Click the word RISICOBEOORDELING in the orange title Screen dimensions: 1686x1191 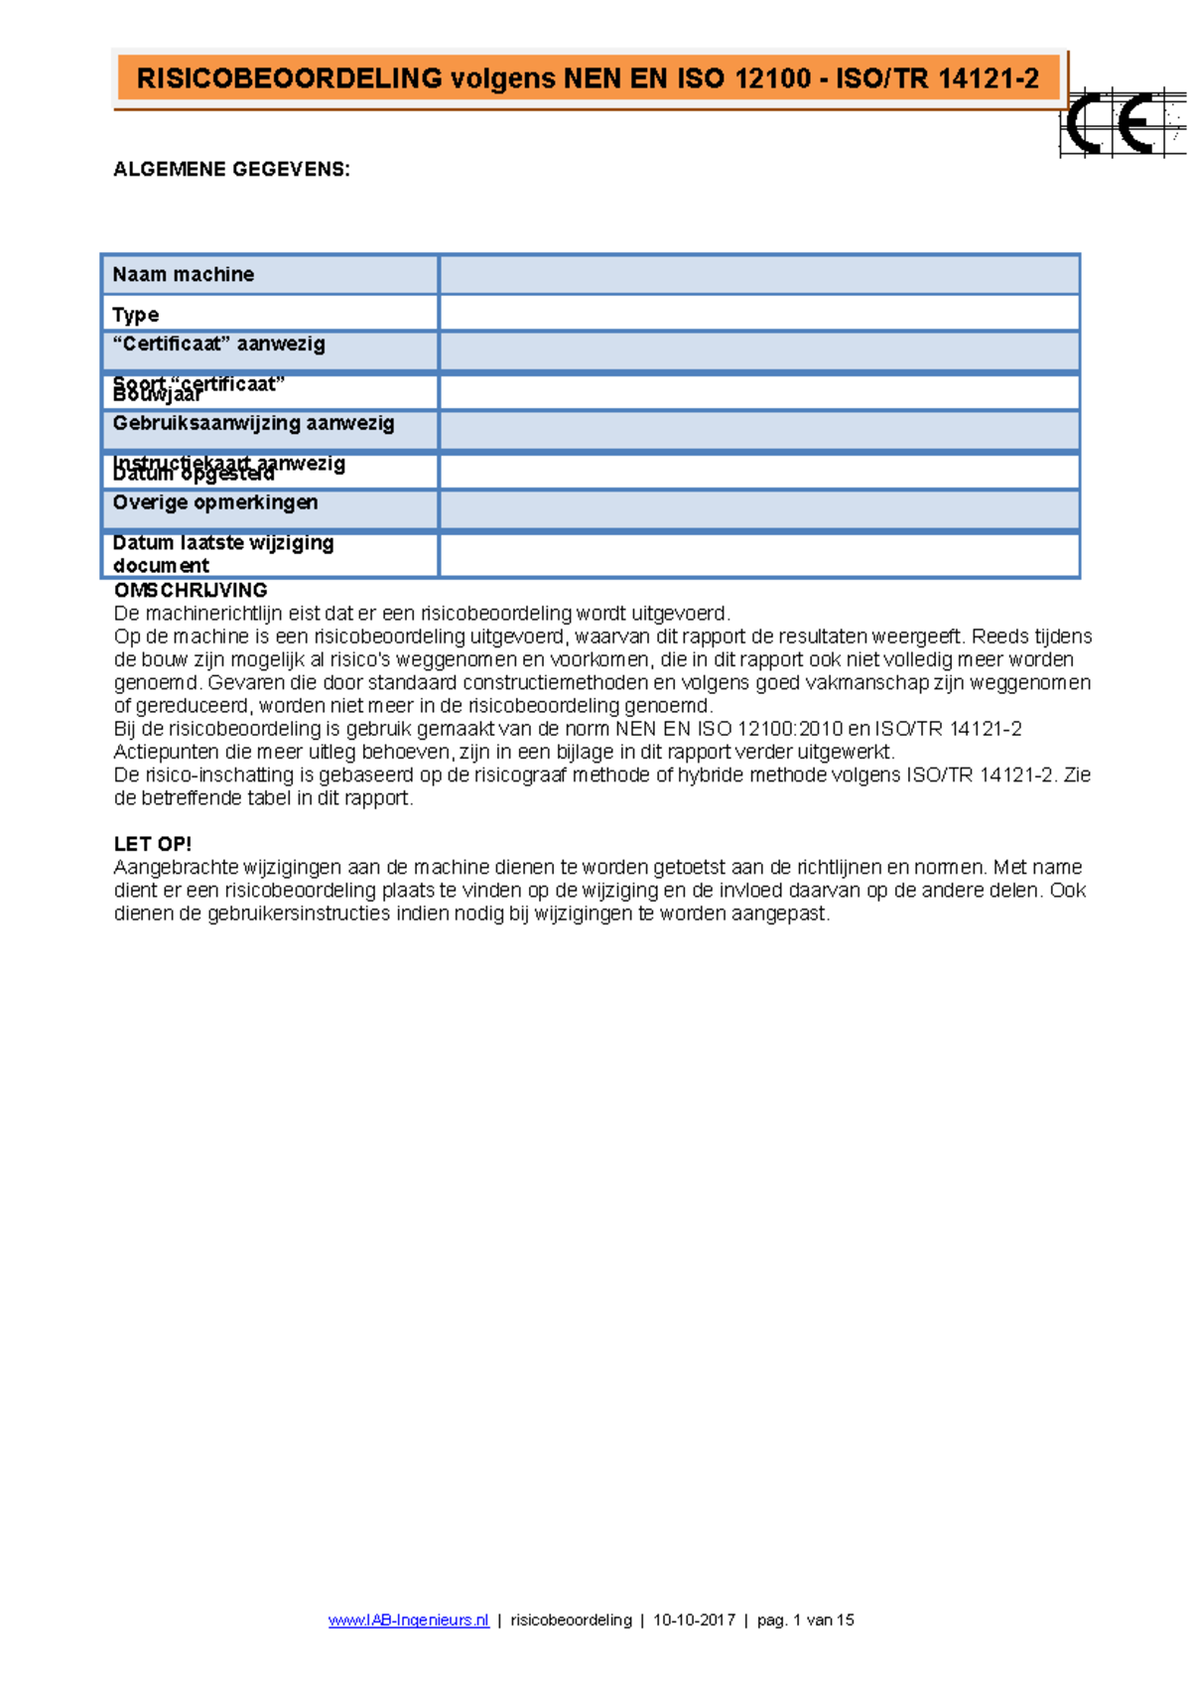coord(289,79)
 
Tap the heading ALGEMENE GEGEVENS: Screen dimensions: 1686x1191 coord(231,170)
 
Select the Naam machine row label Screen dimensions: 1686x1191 coord(184,275)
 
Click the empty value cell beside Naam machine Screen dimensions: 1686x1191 coord(759,275)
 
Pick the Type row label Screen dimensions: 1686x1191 coord(136,315)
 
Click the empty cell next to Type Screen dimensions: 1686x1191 coord(759,314)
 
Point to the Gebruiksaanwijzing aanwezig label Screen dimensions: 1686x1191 coord(254,424)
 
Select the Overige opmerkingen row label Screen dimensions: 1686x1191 coord(215,502)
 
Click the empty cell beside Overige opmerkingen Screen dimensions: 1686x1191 coord(759,509)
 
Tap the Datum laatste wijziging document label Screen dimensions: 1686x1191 coord(223,554)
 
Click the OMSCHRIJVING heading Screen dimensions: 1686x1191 coord(191,591)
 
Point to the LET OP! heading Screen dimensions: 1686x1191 coord(153,844)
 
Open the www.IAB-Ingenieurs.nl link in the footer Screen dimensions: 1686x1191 coord(409,1620)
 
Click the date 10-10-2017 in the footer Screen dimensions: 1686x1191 coord(694,1620)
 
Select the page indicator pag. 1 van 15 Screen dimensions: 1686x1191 coord(805,1620)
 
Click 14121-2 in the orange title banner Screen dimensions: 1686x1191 coord(988,79)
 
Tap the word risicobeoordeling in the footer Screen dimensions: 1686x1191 coord(571,1620)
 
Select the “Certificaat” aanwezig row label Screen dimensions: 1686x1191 coord(219,345)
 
